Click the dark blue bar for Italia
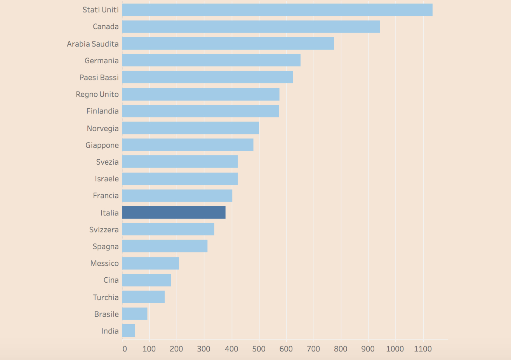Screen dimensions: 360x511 174,212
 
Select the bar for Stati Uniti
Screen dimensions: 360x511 277,10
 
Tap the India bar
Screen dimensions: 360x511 129,330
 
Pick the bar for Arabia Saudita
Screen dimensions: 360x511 228,43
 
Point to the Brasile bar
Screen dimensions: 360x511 135,314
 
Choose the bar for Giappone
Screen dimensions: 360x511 188,145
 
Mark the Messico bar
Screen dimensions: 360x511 151,263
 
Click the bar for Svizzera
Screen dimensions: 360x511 168,229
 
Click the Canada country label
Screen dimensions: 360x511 106,27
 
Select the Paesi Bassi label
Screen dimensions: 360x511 99,77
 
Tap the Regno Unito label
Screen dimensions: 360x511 97,94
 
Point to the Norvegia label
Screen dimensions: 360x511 103,129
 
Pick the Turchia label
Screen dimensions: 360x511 106,297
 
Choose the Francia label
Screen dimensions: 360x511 106,196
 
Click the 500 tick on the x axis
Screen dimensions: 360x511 259,349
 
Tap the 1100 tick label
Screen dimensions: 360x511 423,349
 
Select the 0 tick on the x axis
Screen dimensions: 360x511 124,349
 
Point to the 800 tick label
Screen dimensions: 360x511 341,349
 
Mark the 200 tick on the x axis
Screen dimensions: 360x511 176,349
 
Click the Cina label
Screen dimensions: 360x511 111,280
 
